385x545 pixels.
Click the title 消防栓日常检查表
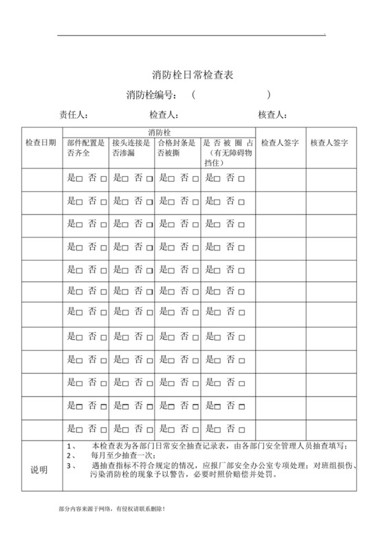[192, 74]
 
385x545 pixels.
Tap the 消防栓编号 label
[152, 94]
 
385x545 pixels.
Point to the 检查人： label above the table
[164, 114]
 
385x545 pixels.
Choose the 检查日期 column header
[41, 142]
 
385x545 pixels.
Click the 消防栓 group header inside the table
[159, 131]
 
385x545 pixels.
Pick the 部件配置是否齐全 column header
[86, 148]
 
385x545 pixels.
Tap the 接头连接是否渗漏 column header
[131, 148]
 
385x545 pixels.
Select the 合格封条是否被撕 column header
[177, 148]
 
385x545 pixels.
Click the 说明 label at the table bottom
[40, 470]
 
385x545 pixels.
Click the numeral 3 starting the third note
[69, 464]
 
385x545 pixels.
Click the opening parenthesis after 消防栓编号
[195, 94]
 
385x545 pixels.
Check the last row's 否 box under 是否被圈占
[241, 428]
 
